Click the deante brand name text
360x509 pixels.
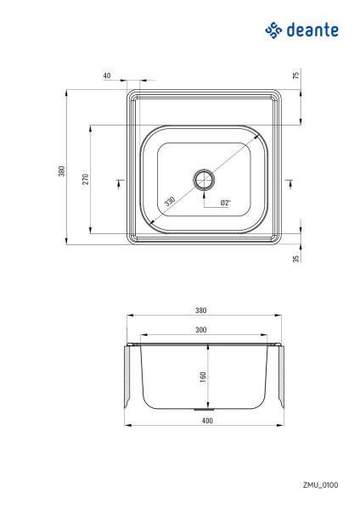click(x=312, y=31)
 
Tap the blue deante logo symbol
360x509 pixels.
click(x=273, y=31)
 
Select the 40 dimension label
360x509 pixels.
click(x=107, y=76)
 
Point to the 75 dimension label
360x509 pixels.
click(x=295, y=76)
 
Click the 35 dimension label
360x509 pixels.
click(x=295, y=259)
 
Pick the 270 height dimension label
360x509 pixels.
click(x=85, y=179)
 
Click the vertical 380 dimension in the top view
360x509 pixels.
click(x=62, y=171)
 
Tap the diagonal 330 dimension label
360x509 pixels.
click(x=170, y=201)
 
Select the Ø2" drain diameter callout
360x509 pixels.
click(x=226, y=203)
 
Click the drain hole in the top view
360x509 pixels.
click(x=204, y=179)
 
